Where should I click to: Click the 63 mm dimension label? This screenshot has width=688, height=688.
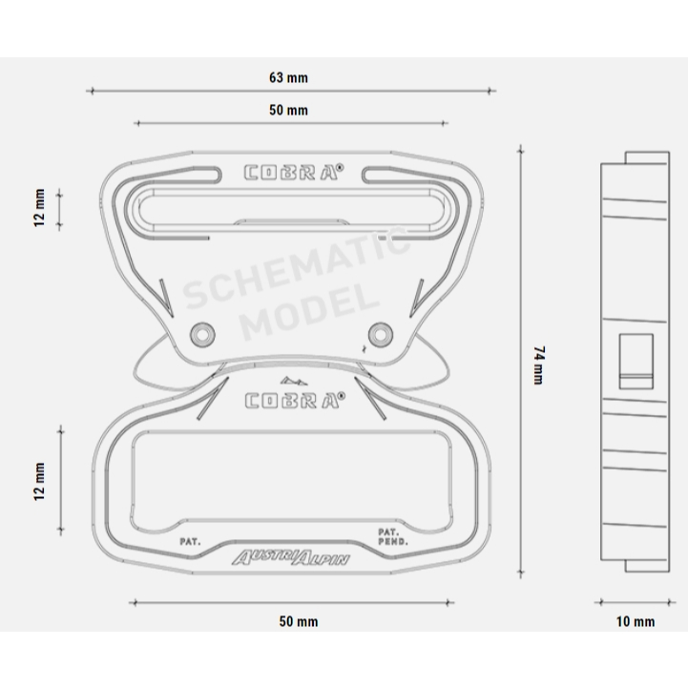pyautogui.click(x=288, y=77)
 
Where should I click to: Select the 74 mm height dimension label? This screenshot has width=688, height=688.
pyautogui.click(x=539, y=365)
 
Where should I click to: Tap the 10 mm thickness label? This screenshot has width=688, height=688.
pyautogui.click(x=636, y=621)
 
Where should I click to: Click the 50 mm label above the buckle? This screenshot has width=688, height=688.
pyautogui.click(x=288, y=110)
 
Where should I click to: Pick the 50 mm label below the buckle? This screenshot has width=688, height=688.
pyautogui.click(x=299, y=621)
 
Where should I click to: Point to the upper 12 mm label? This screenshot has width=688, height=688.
pyautogui.click(x=39, y=207)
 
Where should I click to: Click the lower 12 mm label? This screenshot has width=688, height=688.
pyautogui.click(x=39, y=481)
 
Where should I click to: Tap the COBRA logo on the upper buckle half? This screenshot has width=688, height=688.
pyautogui.click(x=294, y=172)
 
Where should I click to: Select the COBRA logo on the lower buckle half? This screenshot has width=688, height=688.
pyautogui.click(x=295, y=400)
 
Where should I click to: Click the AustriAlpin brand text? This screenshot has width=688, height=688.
pyautogui.click(x=290, y=557)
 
